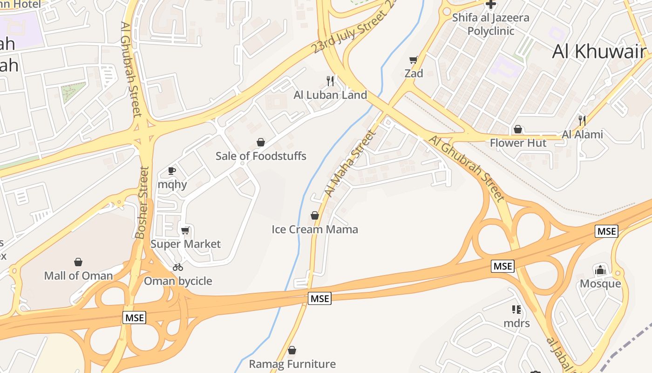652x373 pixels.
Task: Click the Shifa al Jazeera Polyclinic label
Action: [x=491, y=24]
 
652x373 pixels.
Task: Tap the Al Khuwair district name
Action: [x=599, y=52]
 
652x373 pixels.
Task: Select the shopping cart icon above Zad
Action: [x=413, y=60]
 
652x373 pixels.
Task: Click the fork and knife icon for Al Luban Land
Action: [x=330, y=81]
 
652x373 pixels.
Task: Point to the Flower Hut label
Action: [x=518, y=143]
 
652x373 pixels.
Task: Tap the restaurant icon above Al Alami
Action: [x=582, y=121]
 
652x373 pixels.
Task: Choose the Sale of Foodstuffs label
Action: [x=261, y=156]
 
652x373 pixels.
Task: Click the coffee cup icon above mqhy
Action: [x=172, y=171]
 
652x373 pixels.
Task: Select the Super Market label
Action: [x=185, y=244]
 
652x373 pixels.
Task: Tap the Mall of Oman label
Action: [x=78, y=276]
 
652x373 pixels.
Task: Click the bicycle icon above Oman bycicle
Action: [x=178, y=267]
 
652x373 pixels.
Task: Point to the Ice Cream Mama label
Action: [x=315, y=229]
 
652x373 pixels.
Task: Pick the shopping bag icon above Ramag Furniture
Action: [x=292, y=350]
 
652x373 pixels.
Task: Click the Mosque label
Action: [x=600, y=283]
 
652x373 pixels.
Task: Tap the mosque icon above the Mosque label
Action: [x=600, y=270]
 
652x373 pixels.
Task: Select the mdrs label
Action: [x=516, y=323]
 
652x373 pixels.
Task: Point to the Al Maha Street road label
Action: [x=350, y=163]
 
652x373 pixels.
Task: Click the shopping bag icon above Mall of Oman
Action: [x=78, y=262]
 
